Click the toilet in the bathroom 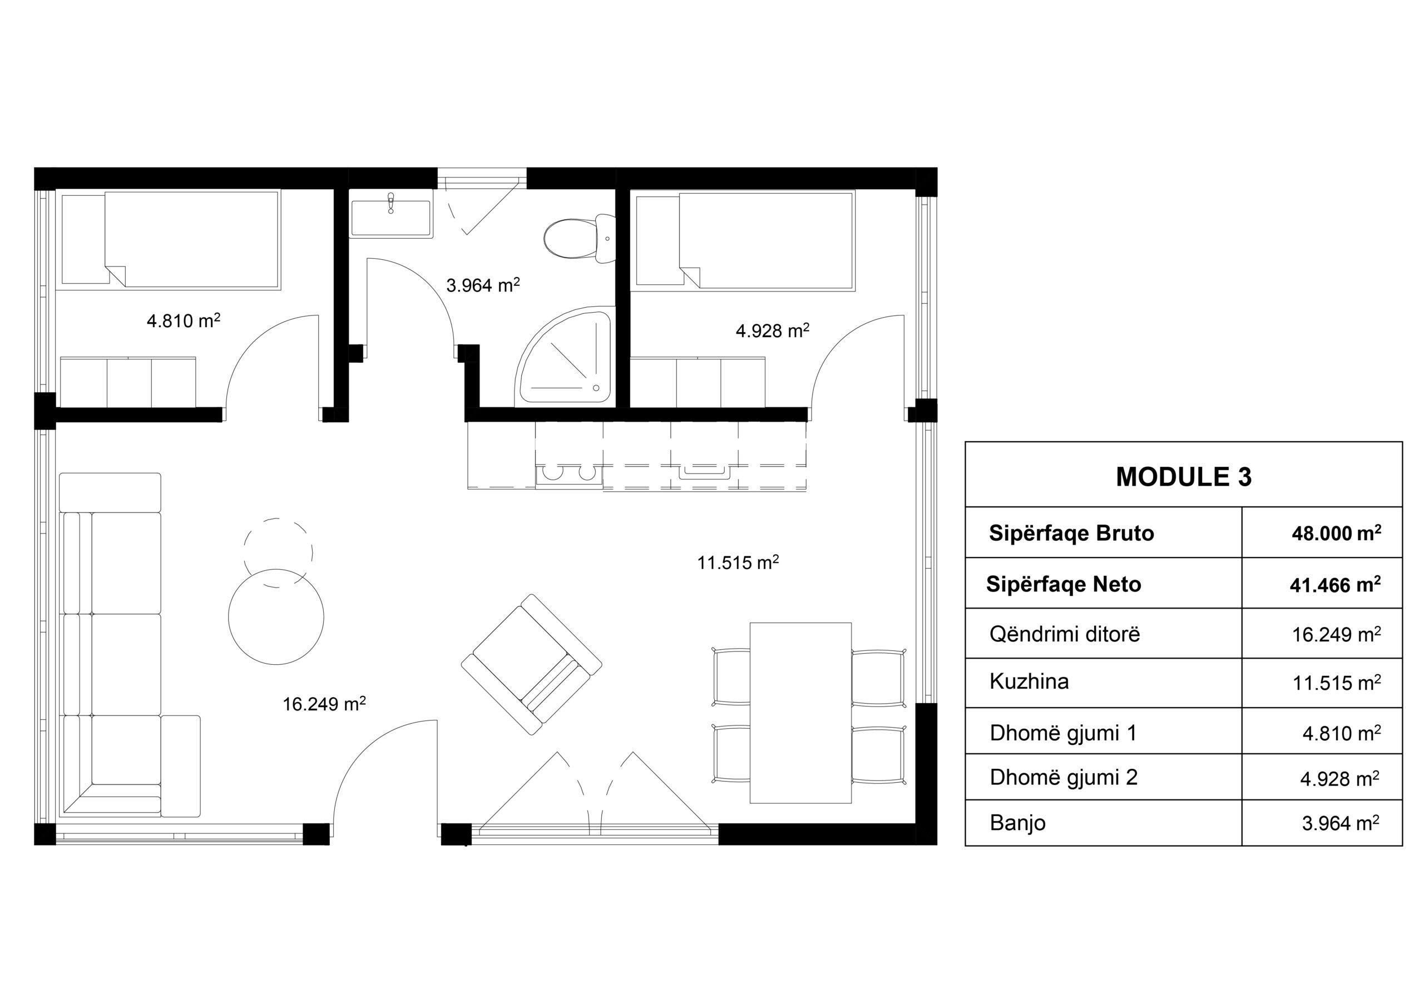[578, 239]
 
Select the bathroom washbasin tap [390, 203]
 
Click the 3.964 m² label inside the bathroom [482, 285]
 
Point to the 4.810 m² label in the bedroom [184, 320]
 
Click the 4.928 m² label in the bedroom [772, 330]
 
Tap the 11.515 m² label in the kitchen [738, 562]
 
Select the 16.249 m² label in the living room [324, 704]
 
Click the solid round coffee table [276, 616]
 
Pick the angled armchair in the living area [532, 664]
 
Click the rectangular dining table [800, 713]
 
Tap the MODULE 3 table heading [1183, 476]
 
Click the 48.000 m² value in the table [1336, 533]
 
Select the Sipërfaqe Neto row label [1063, 584]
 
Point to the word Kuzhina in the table [1029, 681]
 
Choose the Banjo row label [1017, 822]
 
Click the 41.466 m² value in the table [1336, 585]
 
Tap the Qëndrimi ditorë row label [1064, 634]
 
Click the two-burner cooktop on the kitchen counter [568, 475]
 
